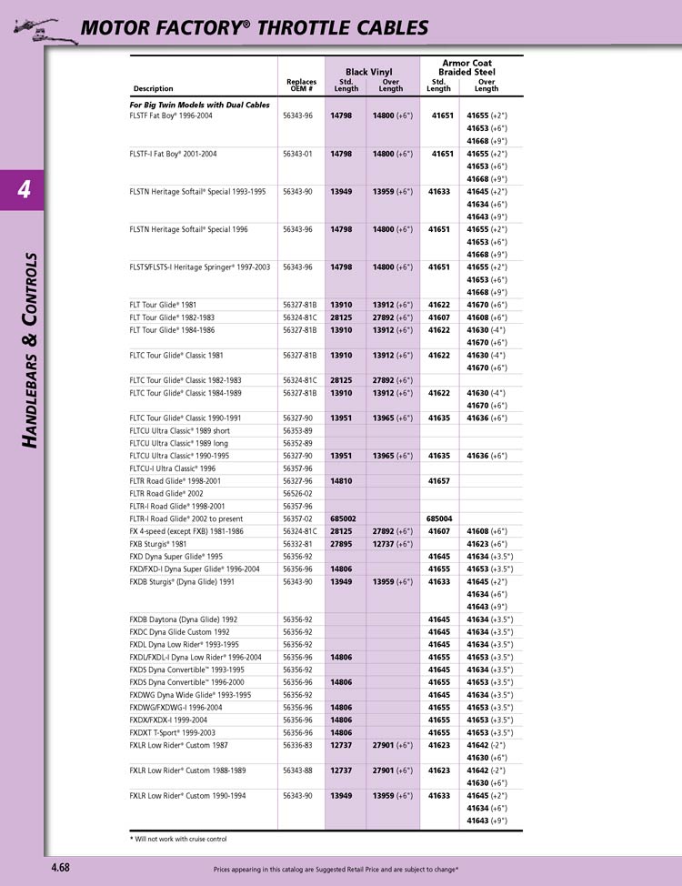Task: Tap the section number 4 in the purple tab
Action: click(24, 189)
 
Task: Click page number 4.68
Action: click(60, 868)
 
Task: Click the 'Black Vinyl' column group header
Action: click(368, 71)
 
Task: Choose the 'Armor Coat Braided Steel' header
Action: click(466, 67)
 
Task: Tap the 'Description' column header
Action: click(153, 89)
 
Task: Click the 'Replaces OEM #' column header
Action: click(301, 86)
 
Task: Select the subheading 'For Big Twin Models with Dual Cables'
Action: click(200, 105)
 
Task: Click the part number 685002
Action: click(341, 519)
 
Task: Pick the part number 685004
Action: click(439, 519)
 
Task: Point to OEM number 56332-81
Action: click(297, 544)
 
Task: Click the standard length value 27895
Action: click(341, 544)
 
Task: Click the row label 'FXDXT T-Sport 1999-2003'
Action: click(173, 732)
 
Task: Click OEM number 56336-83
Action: click(297, 745)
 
